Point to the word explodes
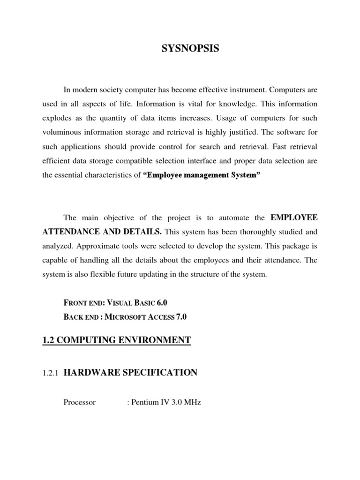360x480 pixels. (56, 118)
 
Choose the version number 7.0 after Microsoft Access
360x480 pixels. (181, 317)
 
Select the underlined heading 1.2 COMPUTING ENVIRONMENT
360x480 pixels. (116, 340)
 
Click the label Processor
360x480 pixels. (79, 402)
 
